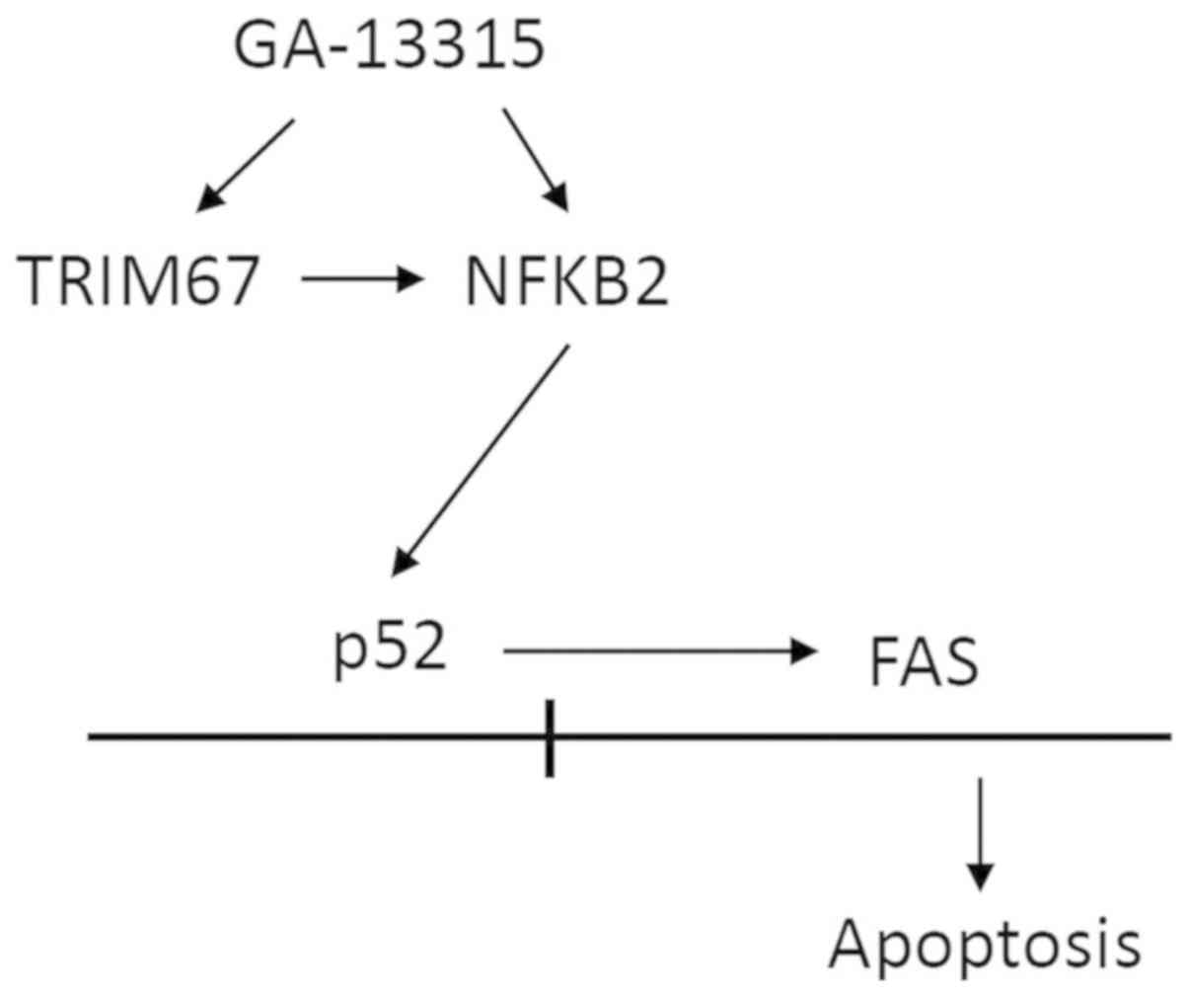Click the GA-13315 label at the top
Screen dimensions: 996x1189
(x=389, y=45)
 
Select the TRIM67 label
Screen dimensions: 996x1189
(x=139, y=280)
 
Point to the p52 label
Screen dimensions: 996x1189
(x=390, y=651)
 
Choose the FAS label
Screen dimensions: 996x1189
(x=924, y=662)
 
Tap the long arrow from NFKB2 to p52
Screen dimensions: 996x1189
(x=482, y=459)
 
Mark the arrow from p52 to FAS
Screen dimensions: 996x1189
(x=661, y=651)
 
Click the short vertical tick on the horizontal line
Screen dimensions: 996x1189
(x=550, y=738)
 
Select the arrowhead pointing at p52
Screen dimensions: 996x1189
(x=405, y=562)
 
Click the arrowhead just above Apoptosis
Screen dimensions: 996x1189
(x=979, y=877)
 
